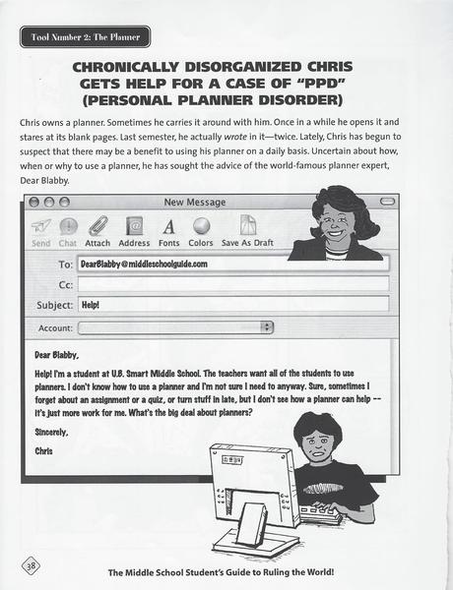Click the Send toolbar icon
[x=41, y=228]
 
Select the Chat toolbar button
[x=68, y=228]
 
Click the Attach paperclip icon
[x=97, y=227]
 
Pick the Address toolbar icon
[x=134, y=227]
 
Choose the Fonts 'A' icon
[x=168, y=227]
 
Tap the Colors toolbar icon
[x=201, y=227]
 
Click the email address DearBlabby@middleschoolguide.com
[x=144, y=265]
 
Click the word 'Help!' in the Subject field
[x=93, y=305]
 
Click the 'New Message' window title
[x=194, y=203]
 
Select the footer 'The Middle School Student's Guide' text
[x=196, y=571]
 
